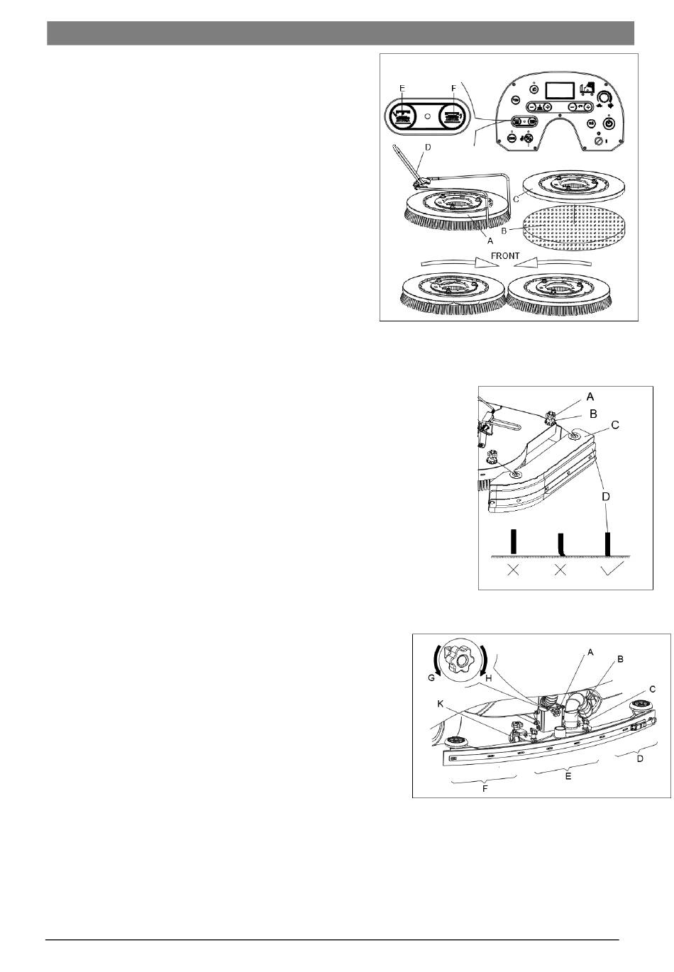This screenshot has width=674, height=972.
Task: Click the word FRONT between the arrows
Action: point(504,256)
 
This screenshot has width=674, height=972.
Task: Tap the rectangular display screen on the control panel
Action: point(560,91)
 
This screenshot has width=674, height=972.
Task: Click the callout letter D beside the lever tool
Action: point(428,148)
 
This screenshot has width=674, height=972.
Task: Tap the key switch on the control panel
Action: point(599,141)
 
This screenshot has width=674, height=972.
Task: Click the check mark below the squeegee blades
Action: point(612,568)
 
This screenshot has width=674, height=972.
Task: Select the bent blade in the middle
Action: point(560,545)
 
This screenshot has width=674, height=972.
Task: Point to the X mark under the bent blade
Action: point(560,570)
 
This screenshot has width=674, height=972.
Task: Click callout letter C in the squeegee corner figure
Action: point(615,425)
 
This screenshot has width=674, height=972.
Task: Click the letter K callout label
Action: point(440,704)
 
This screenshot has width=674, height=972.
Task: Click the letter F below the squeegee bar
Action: point(485,788)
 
